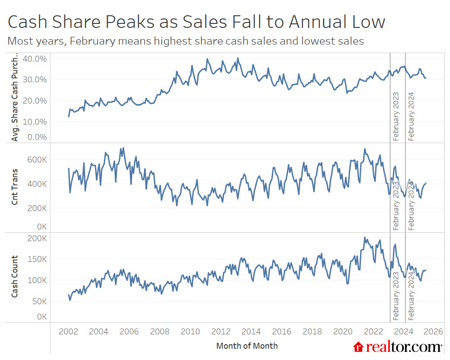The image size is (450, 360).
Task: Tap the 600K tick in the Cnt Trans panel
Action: [38, 160]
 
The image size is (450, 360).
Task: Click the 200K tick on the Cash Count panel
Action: [38, 238]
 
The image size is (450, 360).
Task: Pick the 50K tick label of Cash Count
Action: [40, 301]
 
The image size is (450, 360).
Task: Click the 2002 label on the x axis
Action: [68, 332]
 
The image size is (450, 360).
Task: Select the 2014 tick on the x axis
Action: [251, 332]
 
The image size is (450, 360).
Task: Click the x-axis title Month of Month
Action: [247, 346]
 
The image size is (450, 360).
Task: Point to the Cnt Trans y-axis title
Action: [15, 187]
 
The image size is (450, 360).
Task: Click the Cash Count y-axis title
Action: [15, 276]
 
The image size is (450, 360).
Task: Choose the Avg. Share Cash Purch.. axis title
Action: [15, 98]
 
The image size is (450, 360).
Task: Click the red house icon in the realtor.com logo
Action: [359, 346]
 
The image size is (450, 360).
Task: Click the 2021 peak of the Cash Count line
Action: [365, 238]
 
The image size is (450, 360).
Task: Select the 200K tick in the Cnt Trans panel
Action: [38, 208]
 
